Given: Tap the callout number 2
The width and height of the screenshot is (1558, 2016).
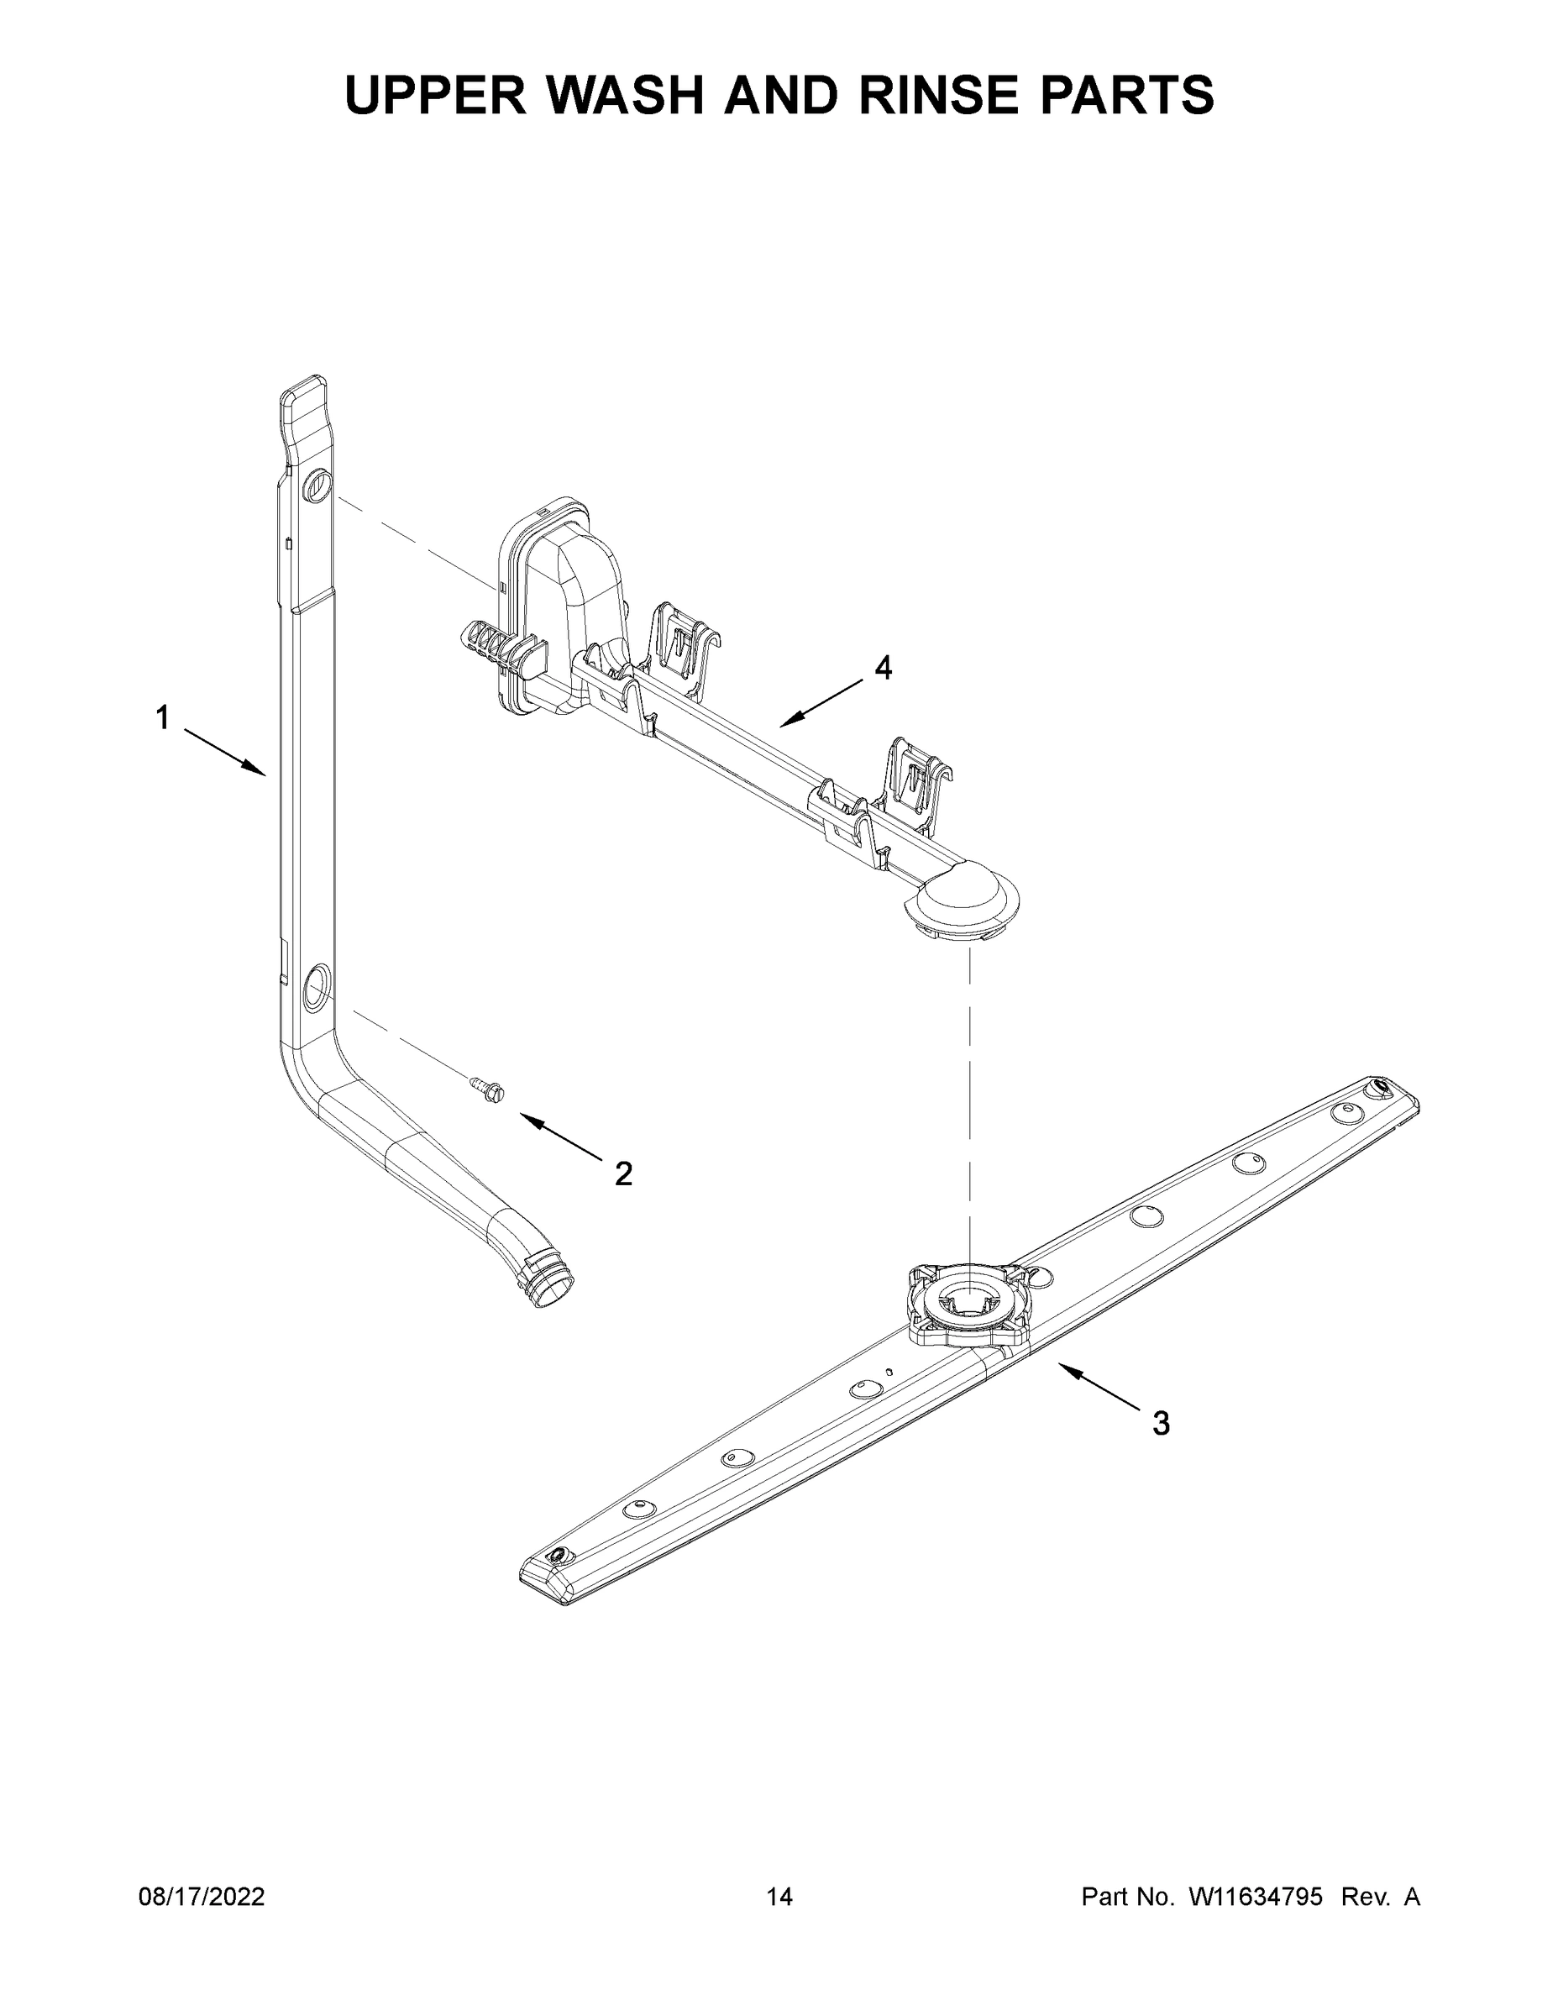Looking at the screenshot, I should (x=624, y=1174).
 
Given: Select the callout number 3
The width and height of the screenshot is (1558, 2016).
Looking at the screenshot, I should (x=1161, y=1424).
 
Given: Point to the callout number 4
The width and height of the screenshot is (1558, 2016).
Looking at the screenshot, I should (x=884, y=668).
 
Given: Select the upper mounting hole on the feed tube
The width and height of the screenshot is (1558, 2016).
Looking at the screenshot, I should (x=316, y=483).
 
